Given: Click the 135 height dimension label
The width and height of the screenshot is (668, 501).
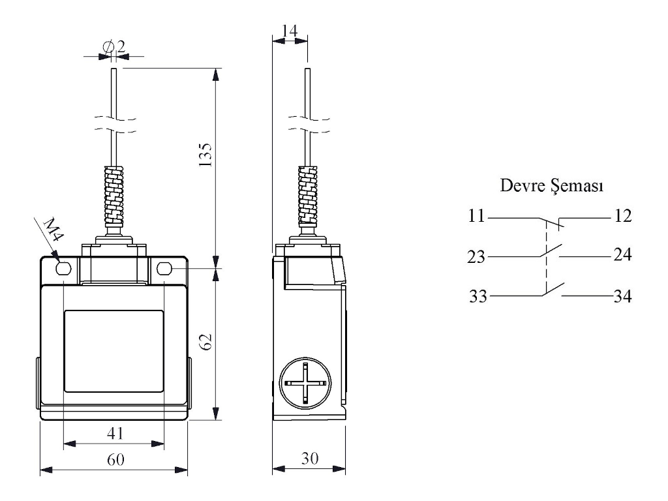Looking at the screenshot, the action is point(205,155).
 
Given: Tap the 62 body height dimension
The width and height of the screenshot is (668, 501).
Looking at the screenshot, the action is point(205,341).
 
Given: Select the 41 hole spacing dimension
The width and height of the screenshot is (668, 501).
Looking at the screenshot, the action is point(115,433).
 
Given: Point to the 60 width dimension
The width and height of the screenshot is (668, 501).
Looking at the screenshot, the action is point(115,459).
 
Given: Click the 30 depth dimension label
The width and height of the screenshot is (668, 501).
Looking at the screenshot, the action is point(310,458).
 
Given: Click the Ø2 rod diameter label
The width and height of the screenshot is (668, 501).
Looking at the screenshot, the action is point(114,46).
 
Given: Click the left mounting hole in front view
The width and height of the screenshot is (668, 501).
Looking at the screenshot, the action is point(63,268).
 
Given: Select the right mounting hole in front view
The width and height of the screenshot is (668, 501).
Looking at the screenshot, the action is point(164,268).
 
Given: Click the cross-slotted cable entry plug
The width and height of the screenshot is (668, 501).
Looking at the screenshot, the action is point(305,383).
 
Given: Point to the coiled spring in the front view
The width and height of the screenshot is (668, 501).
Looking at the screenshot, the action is point(114,196).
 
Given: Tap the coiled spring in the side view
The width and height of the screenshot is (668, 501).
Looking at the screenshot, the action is point(308,196).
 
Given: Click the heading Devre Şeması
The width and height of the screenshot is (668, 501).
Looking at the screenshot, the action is point(551,186).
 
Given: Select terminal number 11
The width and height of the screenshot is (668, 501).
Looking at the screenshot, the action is point(476,215).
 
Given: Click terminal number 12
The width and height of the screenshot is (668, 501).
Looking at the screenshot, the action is point(622,215).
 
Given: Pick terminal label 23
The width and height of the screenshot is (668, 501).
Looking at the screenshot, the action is point(476,257).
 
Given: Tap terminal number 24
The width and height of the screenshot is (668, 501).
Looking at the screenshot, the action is point(622,254).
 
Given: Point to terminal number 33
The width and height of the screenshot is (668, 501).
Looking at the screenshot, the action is point(478,296).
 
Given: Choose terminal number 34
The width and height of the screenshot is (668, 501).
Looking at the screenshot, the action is point(622,296).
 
